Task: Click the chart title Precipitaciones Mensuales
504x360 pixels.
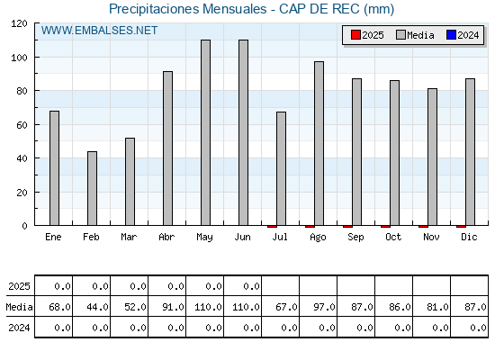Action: point(188,9)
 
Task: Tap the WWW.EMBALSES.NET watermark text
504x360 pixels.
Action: point(99,31)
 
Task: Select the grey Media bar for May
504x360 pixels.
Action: point(206,132)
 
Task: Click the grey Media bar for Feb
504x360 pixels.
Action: point(92,188)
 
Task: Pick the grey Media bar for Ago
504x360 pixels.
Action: point(319,143)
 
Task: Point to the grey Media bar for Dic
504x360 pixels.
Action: point(470,152)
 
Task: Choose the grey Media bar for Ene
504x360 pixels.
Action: point(54,168)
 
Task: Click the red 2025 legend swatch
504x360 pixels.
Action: point(355,35)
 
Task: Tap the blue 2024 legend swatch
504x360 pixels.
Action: point(451,35)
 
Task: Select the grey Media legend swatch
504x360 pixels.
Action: point(400,35)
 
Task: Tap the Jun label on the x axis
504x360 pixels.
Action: point(242,238)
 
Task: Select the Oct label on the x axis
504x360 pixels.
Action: point(393,238)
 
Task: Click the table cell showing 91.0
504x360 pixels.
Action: point(166,306)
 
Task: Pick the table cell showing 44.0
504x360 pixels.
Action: point(91,306)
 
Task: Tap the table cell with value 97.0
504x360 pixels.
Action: point(319,306)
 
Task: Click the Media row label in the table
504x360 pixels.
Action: point(19,307)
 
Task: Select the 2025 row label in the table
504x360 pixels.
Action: point(19,286)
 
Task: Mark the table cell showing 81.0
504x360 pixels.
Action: point(432,306)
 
